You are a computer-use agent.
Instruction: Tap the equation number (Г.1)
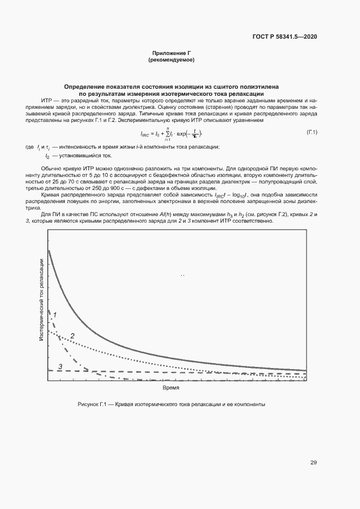click(x=312, y=132)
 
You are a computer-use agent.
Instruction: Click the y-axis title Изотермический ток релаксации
click(x=41, y=300)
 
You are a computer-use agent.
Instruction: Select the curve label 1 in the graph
click(x=55, y=314)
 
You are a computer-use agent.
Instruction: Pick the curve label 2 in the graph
click(x=72, y=336)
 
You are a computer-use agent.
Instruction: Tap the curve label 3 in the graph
click(x=60, y=366)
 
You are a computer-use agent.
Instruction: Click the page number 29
click(x=313, y=463)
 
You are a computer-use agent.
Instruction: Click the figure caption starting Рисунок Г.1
click(x=171, y=405)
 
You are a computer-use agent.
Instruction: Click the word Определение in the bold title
click(x=83, y=87)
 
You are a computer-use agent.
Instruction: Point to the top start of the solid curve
click(x=49, y=250)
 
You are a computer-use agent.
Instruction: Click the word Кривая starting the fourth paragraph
click(x=51, y=194)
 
